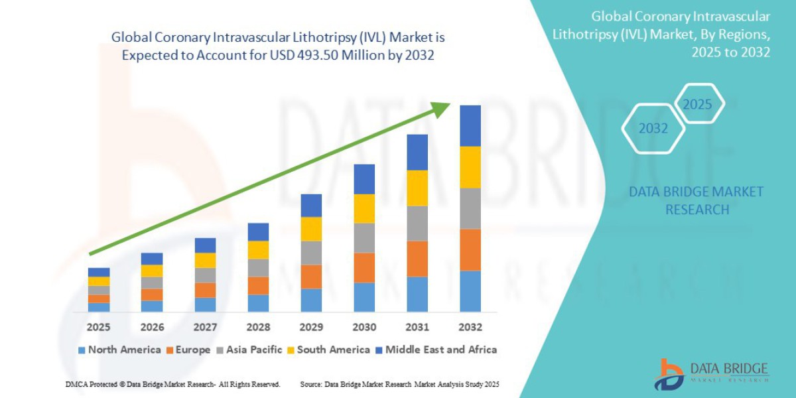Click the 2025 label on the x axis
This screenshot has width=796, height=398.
pos(99,327)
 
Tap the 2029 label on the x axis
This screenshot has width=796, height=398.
pos(311,327)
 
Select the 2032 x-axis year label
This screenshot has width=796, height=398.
pos(470,327)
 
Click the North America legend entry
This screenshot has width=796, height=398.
pos(119,350)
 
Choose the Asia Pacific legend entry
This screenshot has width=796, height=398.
pos(249,350)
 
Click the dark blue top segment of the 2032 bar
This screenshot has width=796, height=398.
pos(470,125)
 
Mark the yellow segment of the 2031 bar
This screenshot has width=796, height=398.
pos(417,188)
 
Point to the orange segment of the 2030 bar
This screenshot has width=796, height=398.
pos(364,267)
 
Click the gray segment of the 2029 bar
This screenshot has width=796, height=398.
pos(311,253)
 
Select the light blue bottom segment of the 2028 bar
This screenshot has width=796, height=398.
pos(258,303)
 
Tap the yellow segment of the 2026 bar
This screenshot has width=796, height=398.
pos(152,271)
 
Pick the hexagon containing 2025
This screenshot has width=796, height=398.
pos(697,105)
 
